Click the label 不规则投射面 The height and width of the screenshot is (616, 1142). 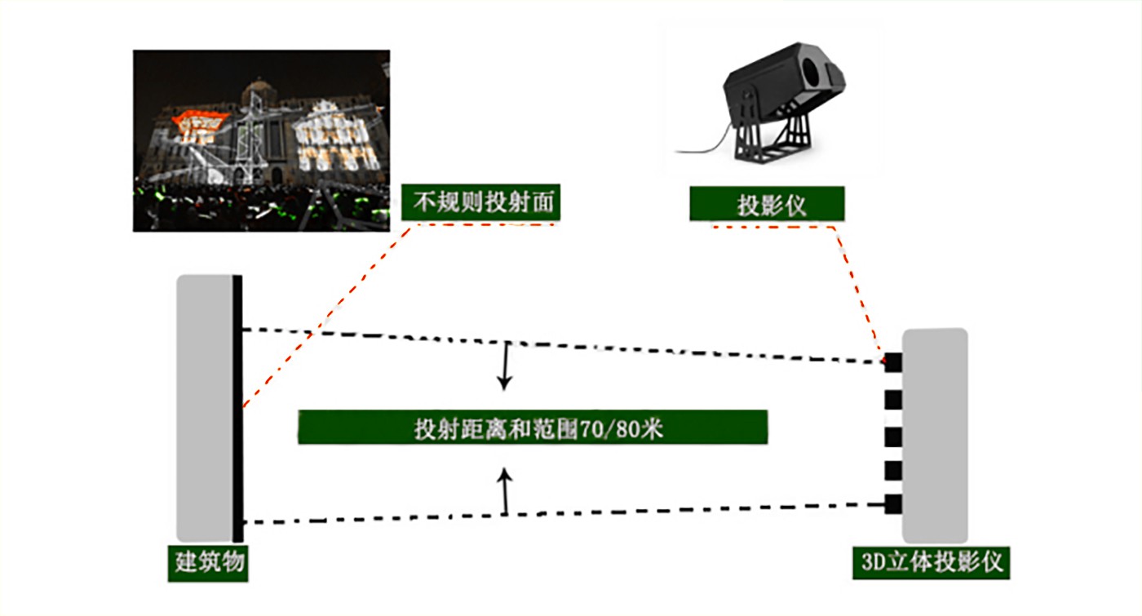[480, 202]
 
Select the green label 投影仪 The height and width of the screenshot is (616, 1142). [766, 204]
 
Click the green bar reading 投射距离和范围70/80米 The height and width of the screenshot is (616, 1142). [532, 428]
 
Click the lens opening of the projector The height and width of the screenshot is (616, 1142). [812, 74]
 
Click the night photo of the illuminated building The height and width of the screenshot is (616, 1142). [261, 140]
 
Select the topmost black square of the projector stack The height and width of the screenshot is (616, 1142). [893, 362]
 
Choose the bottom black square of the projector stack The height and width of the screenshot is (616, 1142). [893, 504]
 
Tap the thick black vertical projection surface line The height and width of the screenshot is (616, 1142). [237, 408]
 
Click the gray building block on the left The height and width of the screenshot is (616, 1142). [204, 408]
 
